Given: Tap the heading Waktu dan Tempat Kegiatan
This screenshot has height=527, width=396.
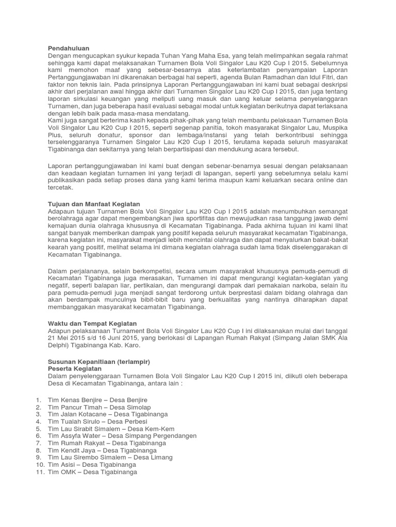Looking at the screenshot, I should [92, 323].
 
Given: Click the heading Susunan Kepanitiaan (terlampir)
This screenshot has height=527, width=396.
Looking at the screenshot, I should [98, 362].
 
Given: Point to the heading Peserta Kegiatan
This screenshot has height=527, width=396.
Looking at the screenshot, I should [75, 369].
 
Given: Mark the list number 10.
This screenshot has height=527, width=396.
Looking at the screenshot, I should [39, 465].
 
